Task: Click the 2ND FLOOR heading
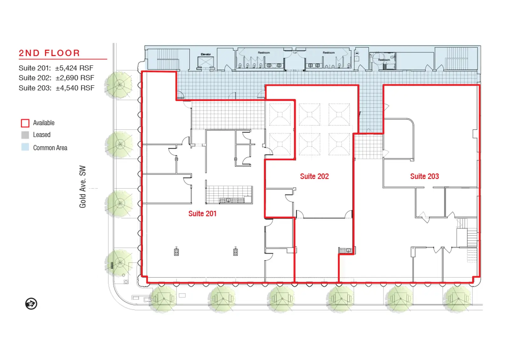pos(49,53)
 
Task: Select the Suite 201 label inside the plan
pos(202,214)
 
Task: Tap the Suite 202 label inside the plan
pos(314,176)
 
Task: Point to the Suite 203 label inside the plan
pos(424,176)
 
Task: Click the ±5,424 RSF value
pos(74,68)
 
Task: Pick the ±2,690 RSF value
pos(75,78)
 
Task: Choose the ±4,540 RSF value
pos(75,88)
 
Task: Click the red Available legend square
pos(25,123)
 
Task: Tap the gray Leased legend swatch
pos(25,135)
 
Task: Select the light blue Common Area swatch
pos(25,147)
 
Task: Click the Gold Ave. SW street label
pos(83,187)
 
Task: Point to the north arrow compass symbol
pos(31,303)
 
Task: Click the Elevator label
pos(206,54)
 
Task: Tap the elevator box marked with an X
pos(206,62)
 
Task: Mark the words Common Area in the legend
pos(50,148)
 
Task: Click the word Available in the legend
pos(44,123)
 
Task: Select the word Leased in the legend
pos(42,135)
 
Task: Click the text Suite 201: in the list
pos(35,68)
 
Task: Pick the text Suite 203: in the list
pos(35,88)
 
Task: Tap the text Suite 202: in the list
pos(35,78)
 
